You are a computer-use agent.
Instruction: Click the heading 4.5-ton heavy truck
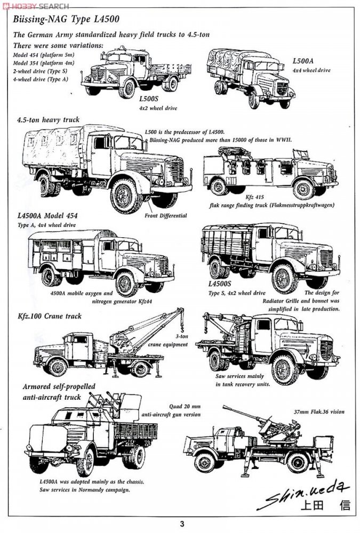tap(48, 120)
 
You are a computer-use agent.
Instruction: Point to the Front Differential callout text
tap(166, 216)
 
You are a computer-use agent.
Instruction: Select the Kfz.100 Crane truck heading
tap(49, 316)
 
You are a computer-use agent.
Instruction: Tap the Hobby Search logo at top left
tap(35, 6)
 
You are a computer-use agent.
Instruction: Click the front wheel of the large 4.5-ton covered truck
tap(126, 195)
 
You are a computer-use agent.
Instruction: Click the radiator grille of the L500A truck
tap(282, 87)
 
